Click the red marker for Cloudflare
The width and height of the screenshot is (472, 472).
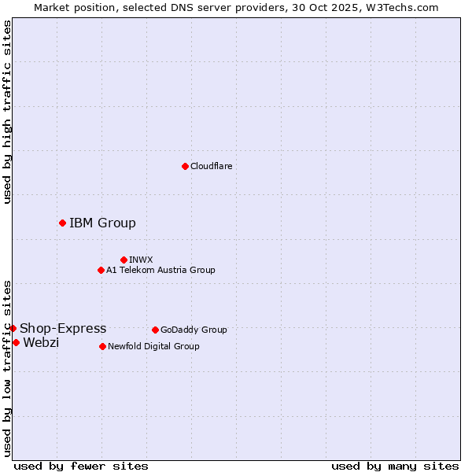[185, 166]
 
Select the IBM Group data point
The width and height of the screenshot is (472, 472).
[62, 223]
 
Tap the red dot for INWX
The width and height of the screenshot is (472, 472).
[124, 260]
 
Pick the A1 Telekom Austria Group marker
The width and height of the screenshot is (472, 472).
[101, 270]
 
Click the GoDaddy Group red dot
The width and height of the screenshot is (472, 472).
[155, 330]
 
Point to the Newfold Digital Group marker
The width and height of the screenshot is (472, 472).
[102, 346]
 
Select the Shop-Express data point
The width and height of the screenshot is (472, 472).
[13, 328]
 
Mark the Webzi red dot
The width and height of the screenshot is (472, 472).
[16, 342]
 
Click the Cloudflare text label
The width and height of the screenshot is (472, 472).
[211, 166]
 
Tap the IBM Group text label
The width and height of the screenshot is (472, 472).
[102, 223]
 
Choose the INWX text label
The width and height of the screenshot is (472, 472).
[141, 260]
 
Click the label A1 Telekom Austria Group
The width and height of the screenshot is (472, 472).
[160, 270]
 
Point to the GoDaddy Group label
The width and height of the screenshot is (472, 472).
[194, 330]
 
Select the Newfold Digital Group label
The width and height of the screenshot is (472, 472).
[153, 346]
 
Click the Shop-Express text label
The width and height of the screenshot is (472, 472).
[63, 328]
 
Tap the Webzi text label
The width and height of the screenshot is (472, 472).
[41, 342]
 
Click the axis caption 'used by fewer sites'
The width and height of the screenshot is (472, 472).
[81, 466]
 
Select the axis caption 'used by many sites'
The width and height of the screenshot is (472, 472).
[395, 466]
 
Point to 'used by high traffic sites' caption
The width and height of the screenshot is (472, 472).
[7, 112]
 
